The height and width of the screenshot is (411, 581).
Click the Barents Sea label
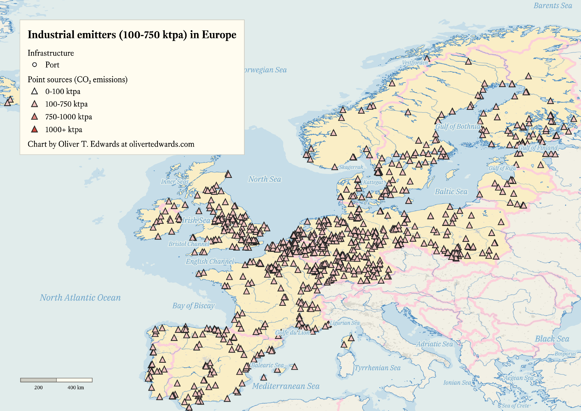(553, 6)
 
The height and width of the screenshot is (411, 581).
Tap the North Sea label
(264, 179)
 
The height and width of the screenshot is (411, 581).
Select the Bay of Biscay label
(193, 305)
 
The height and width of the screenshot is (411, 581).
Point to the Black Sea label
(552, 339)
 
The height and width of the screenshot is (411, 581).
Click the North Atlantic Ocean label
(80, 298)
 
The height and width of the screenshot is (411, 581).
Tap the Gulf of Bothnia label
(458, 126)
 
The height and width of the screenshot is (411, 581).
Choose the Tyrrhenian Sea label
(377, 368)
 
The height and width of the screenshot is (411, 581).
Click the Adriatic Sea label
(435, 344)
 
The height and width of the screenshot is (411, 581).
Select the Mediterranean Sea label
(286, 386)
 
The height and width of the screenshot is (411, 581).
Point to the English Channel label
(210, 261)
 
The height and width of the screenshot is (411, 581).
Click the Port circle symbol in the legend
(35, 65)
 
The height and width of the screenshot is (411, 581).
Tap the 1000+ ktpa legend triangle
(35, 129)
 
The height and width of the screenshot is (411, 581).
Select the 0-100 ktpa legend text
(63, 92)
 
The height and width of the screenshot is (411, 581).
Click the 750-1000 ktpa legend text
(69, 117)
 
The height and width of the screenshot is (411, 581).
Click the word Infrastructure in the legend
(51, 53)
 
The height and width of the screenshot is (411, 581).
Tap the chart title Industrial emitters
(132, 35)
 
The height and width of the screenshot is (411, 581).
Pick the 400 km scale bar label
(76, 387)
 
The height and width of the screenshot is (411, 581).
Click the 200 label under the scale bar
(38, 387)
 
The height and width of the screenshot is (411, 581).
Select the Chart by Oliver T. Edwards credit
(111, 144)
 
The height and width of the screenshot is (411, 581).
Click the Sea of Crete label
(516, 406)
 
